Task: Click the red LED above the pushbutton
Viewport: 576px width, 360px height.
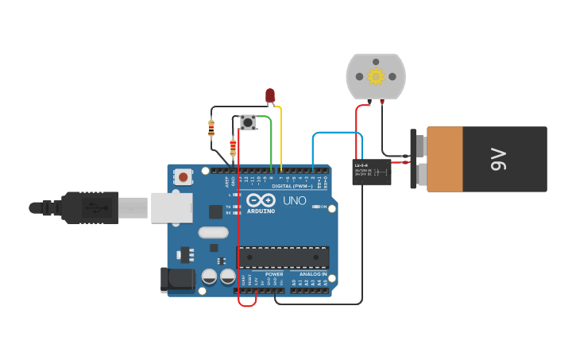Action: [x=270, y=95]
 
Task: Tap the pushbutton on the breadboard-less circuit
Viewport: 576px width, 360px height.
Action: [x=248, y=122]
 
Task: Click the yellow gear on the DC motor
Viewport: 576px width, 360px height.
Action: [x=376, y=76]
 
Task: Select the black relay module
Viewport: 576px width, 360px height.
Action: [x=371, y=172]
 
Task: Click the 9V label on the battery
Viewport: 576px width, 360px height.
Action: [x=498, y=159]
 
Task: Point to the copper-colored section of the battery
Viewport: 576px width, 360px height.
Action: [x=445, y=159]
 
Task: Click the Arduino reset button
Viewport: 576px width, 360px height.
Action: [x=184, y=176]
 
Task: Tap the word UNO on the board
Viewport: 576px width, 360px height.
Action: [x=294, y=200]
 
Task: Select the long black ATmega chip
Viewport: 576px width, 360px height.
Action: [x=284, y=257]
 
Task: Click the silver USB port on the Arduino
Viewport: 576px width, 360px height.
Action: [x=172, y=207]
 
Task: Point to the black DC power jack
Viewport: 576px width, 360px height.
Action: [x=177, y=280]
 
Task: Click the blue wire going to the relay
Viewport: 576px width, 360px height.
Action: [x=334, y=134]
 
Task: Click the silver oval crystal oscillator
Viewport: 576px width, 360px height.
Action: [x=214, y=233]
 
